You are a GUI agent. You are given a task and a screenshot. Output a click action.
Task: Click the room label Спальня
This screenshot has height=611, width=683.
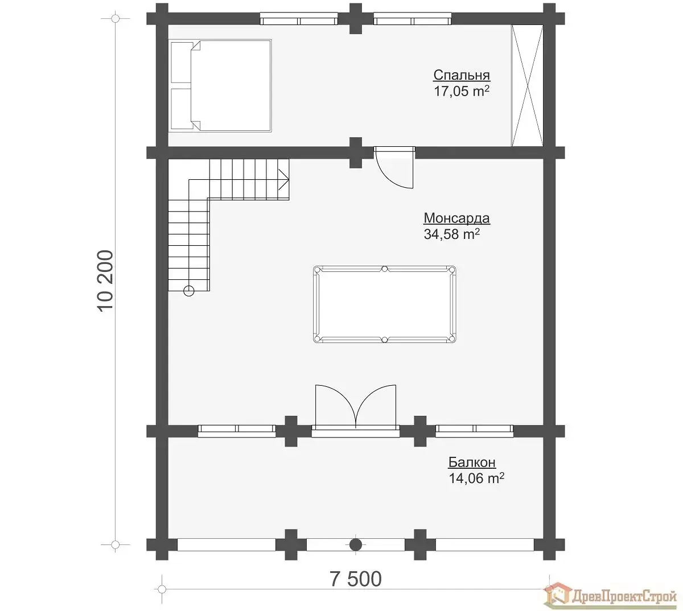pos(461,75)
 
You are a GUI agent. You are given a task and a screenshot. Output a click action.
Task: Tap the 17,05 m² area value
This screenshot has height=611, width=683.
pos(461,91)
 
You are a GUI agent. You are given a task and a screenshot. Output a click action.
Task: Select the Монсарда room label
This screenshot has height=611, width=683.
pos(456,218)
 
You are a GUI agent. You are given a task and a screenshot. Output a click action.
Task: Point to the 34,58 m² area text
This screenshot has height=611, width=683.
pos(452,234)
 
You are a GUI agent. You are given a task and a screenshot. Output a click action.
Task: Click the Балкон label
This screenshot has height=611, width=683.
pos(472,463)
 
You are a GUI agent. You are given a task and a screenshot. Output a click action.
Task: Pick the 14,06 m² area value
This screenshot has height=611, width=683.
pos(476,478)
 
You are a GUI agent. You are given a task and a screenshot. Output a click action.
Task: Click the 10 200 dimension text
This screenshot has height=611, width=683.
pos(105,281)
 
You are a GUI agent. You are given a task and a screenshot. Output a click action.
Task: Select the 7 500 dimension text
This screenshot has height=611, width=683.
pos(356,579)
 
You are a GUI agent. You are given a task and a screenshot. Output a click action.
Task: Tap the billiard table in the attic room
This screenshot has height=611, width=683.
pos(384,304)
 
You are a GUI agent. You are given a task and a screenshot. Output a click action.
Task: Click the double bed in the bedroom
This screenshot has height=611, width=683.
pos(221,85)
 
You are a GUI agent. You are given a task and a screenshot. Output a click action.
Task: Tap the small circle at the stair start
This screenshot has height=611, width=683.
pos(189,291)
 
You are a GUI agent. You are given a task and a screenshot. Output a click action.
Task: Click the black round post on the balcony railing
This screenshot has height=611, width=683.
pos(355,544)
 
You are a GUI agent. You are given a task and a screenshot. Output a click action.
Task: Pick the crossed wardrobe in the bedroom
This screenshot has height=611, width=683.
pos(527,85)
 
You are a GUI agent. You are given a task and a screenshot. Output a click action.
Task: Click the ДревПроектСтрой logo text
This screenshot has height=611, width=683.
pos(624,597)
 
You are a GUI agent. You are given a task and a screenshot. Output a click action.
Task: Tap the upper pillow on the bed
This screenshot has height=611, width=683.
pos(182,63)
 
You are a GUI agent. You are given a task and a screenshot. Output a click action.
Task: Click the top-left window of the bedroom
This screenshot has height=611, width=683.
pos(299,19)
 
